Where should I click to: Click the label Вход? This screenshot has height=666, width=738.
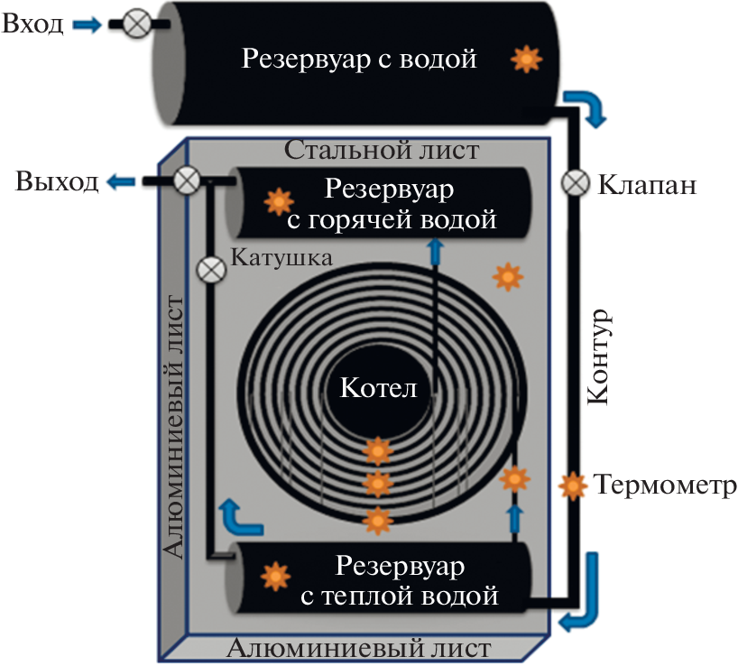32,23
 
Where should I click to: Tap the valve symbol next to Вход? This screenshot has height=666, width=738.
135,24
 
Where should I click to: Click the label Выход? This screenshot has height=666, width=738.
56,182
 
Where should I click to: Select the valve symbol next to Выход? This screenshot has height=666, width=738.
187,180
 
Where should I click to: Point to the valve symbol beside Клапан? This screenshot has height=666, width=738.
575,182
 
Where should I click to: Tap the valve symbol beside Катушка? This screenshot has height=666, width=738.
210,269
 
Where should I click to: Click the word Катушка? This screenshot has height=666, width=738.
282,256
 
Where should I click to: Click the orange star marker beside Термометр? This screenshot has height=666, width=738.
572,486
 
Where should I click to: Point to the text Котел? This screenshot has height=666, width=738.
379,389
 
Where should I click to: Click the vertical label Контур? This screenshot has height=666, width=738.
600,359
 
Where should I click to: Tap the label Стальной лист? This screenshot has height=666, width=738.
382,149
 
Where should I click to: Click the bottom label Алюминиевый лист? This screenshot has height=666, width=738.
359,649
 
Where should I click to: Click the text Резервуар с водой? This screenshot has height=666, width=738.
358,60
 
